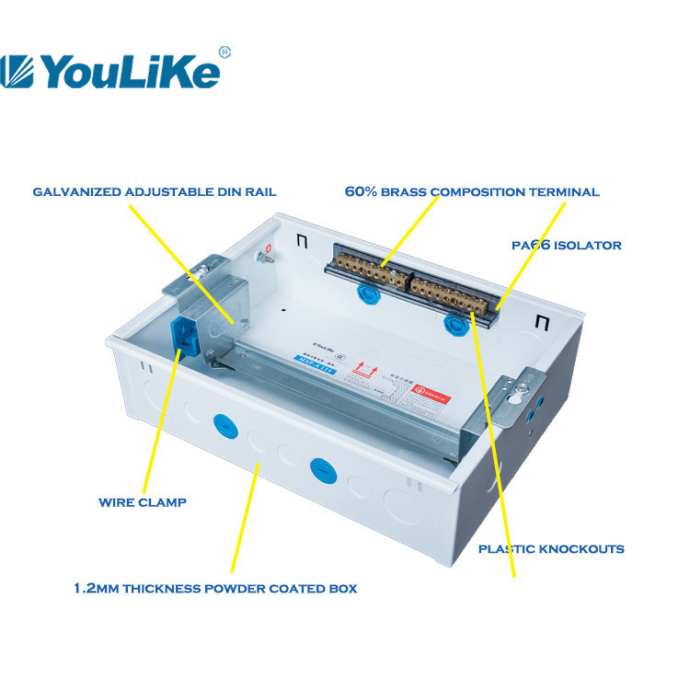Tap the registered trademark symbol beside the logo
pos(224,51)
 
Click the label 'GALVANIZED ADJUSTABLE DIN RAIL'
pos(155,192)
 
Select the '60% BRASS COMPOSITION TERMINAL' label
pos(472,192)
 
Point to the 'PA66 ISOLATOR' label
pos(567,246)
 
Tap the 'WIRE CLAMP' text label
pos(143,502)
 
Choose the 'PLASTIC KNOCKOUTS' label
pos(551,548)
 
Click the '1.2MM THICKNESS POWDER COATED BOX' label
pos(215,588)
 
